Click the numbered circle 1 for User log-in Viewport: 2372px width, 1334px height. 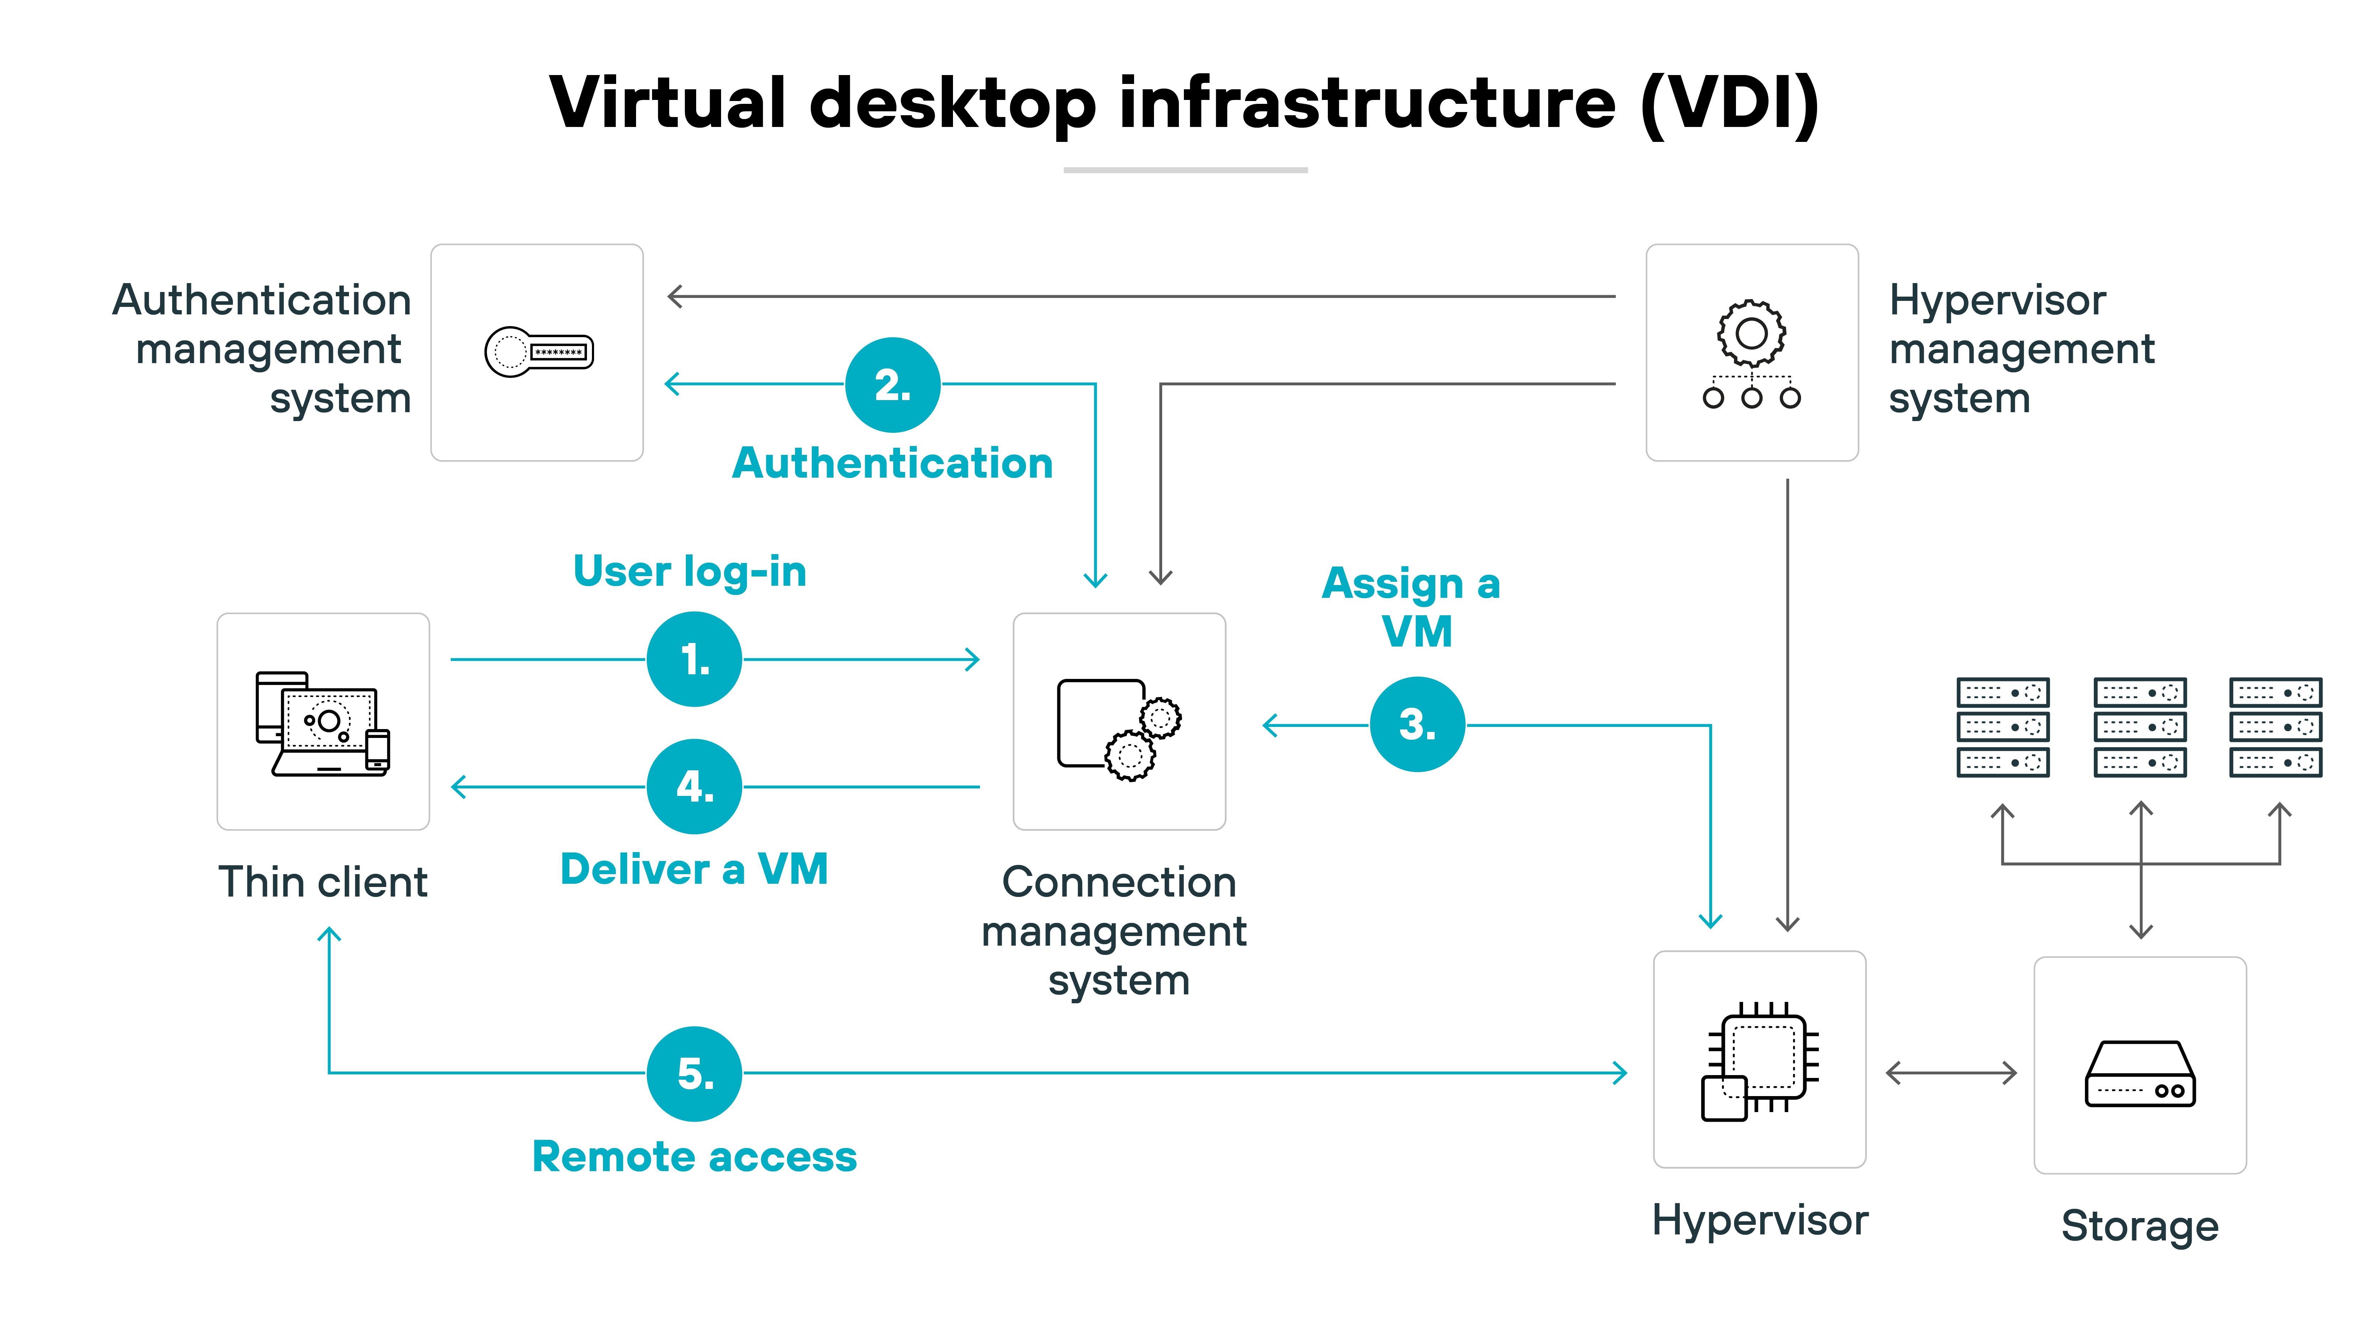coord(694,659)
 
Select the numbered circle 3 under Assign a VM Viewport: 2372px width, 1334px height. coord(1417,724)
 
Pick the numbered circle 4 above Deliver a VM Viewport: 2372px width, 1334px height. coord(694,786)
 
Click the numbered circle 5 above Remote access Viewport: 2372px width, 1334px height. coord(694,1073)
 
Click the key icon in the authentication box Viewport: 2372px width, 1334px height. coord(539,352)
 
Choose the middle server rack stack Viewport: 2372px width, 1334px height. coord(2140,727)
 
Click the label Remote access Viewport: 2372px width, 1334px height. coord(694,1156)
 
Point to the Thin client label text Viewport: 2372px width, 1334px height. coord(323,882)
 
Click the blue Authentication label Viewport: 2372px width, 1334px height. coord(892,463)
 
